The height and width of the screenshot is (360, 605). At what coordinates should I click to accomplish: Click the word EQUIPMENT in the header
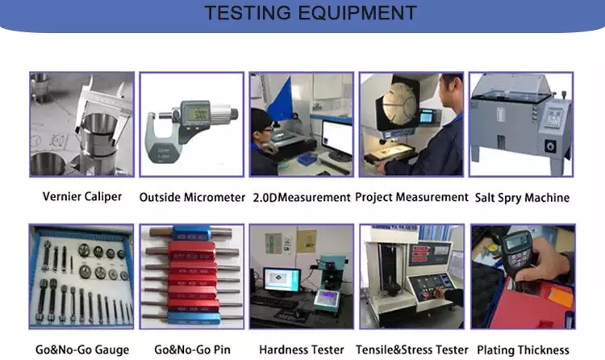click(x=357, y=13)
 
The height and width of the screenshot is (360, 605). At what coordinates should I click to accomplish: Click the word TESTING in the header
click(x=248, y=13)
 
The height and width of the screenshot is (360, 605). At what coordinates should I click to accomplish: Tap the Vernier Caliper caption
click(x=82, y=197)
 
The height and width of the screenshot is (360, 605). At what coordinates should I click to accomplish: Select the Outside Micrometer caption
click(x=192, y=198)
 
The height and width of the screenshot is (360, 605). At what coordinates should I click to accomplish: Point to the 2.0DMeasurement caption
click(x=302, y=198)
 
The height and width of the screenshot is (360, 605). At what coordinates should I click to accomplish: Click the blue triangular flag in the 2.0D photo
click(x=280, y=99)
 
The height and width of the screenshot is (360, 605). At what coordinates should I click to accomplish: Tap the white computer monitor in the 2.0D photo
click(x=337, y=138)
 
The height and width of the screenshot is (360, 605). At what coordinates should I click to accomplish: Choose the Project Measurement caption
click(x=411, y=198)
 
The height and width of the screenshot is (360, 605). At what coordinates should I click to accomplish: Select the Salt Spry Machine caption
click(x=522, y=198)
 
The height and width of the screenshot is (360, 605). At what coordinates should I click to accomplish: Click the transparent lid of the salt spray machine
click(x=512, y=86)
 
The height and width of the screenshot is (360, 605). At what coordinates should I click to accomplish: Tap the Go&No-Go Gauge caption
click(x=82, y=350)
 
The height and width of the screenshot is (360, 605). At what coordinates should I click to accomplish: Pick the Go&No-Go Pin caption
click(x=192, y=350)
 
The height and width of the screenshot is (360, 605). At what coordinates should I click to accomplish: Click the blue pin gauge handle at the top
click(x=191, y=233)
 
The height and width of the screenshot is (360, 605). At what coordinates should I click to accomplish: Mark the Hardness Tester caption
click(x=302, y=350)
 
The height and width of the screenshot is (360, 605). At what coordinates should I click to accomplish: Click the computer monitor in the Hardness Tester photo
click(x=282, y=279)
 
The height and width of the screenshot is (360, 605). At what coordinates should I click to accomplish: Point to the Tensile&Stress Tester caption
click(x=411, y=350)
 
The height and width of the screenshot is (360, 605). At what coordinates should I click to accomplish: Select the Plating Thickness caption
click(x=523, y=350)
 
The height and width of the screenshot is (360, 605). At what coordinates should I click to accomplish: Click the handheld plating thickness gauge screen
click(x=517, y=242)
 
